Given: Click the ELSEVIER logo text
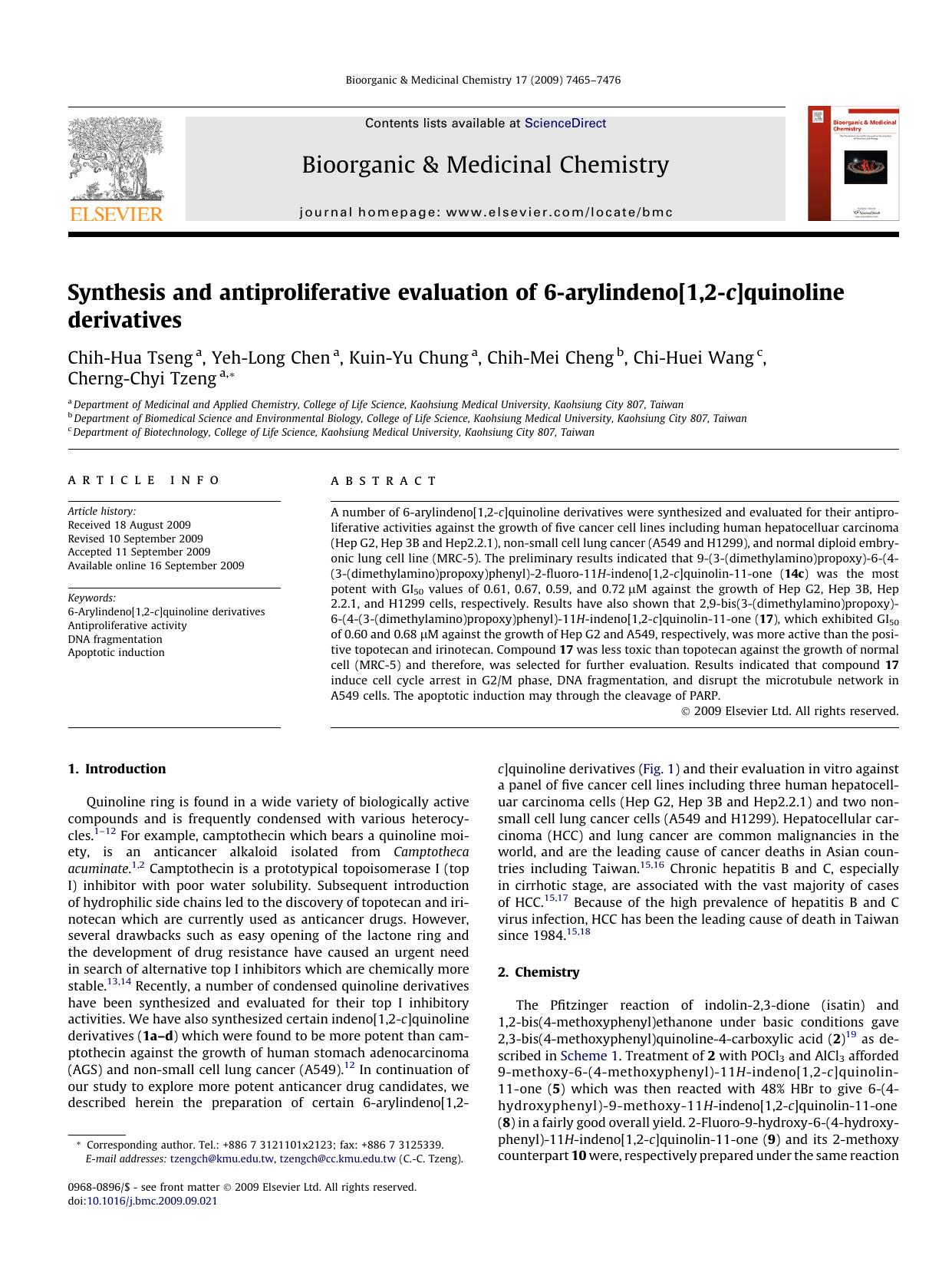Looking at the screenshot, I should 116,214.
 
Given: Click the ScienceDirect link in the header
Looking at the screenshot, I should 565,123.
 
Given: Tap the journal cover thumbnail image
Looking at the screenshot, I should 853,163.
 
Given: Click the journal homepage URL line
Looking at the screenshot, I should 486,213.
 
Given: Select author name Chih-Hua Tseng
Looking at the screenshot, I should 130,358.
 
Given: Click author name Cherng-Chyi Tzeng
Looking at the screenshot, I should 142,379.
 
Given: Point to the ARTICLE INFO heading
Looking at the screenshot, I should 143,480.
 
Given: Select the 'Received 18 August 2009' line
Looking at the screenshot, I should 129,526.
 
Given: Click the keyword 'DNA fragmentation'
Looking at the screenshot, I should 115,639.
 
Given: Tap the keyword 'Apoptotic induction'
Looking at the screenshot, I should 116,652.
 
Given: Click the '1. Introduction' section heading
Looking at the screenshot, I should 117,769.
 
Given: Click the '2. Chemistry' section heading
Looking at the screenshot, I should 539,972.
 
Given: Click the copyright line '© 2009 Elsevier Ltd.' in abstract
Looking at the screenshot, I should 789,711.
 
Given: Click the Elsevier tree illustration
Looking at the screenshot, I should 115,159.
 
